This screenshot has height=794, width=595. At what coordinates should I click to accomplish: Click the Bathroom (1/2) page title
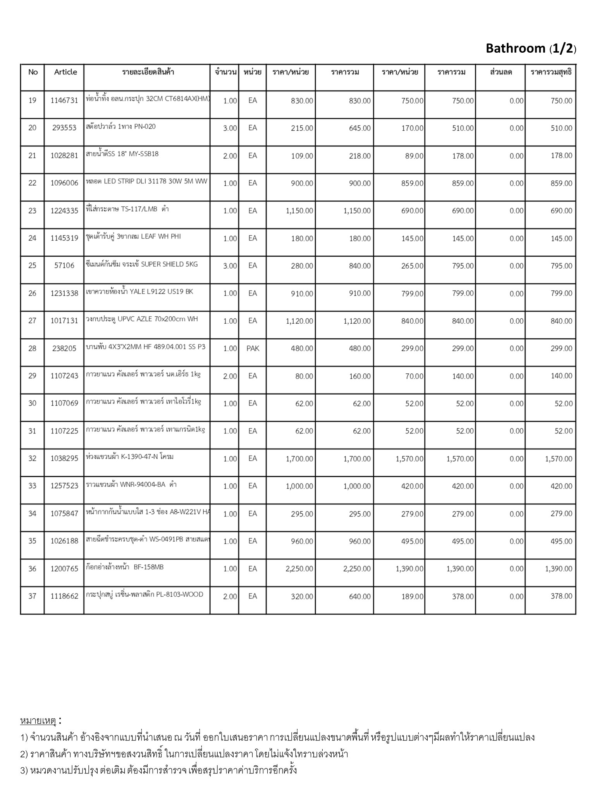tap(531, 48)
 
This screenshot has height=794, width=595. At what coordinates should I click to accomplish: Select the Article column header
tap(65, 72)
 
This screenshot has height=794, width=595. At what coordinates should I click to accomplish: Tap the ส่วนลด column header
tap(500, 72)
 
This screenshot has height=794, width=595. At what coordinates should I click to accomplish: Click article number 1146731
tap(64, 101)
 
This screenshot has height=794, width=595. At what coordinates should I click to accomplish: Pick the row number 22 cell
tap(33, 183)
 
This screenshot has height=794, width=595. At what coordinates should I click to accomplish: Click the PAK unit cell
tap(253, 349)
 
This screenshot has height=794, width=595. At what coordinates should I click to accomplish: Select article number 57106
tap(64, 266)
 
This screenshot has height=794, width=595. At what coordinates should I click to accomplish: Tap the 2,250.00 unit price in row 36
tap(299, 569)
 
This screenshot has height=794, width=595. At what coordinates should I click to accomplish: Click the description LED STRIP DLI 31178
tap(147, 182)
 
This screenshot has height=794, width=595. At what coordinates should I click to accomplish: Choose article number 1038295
tap(64, 459)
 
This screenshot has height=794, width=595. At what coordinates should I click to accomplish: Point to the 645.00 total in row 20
tap(359, 128)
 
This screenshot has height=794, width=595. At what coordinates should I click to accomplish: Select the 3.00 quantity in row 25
tap(230, 266)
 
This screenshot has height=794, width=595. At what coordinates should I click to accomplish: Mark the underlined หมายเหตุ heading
tap(38, 721)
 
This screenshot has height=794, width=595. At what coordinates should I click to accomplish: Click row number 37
tap(33, 596)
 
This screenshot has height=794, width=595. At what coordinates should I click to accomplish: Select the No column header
tap(33, 72)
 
